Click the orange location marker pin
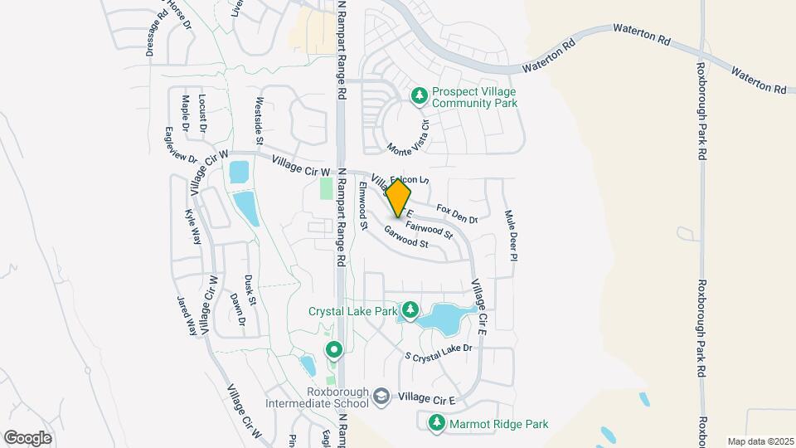(x=398, y=197)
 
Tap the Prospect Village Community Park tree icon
(x=420, y=97)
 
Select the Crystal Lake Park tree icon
(x=410, y=311)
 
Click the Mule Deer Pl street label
(x=511, y=236)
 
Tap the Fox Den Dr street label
(x=457, y=214)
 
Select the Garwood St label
(x=405, y=237)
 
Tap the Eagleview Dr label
(x=181, y=144)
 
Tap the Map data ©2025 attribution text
(x=760, y=441)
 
